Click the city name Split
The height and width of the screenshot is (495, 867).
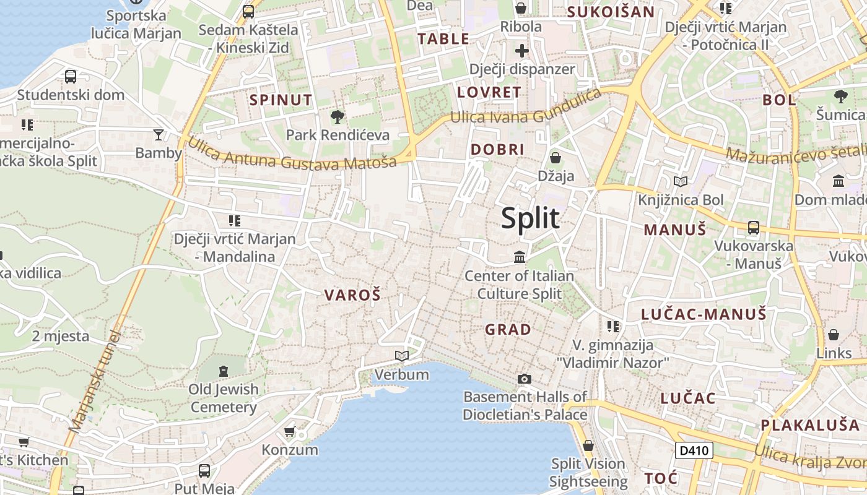click(x=530, y=218)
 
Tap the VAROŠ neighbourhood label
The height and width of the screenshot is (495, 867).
click(x=352, y=295)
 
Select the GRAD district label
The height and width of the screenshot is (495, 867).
click(x=508, y=329)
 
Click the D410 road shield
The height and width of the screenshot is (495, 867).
click(x=694, y=450)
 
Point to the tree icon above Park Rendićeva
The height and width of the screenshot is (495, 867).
click(x=338, y=116)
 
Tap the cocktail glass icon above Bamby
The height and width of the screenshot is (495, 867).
click(x=159, y=134)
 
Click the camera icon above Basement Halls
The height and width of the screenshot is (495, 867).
click(x=525, y=379)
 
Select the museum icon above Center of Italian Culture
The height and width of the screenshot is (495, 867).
click(x=520, y=257)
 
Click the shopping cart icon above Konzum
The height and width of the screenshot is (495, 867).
click(x=289, y=431)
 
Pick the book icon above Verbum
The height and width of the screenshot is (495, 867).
click(x=402, y=356)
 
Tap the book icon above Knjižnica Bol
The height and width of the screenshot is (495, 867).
click(x=681, y=181)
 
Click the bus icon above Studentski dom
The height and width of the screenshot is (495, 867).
click(x=71, y=77)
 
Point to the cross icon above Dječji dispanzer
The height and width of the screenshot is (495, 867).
click(x=522, y=51)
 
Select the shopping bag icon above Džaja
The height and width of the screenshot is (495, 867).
click(x=555, y=158)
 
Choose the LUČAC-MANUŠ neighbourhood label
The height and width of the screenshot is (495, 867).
click(x=704, y=314)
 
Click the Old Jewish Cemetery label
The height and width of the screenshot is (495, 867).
click(x=224, y=398)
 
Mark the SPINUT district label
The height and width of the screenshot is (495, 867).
click(x=281, y=100)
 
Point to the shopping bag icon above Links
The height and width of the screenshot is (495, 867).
click(x=834, y=335)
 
